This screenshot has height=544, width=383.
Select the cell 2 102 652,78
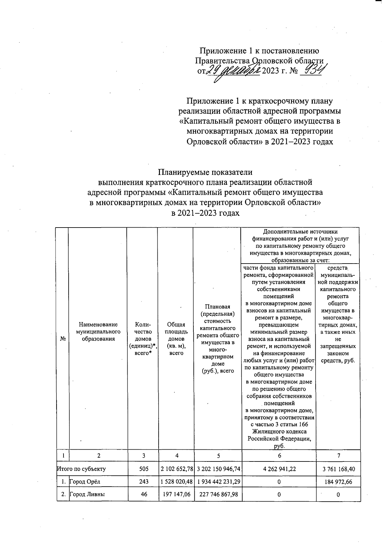coord(176,469)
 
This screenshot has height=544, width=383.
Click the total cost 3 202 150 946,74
coord(218,469)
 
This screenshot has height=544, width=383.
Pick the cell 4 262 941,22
coord(279,469)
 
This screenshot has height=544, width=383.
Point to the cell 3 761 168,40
coord(339,469)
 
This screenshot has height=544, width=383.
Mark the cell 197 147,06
coord(176,494)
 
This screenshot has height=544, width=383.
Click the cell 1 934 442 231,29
coord(218,482)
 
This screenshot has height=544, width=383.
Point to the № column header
coord(63,339)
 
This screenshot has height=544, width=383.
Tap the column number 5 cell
coord(218,456)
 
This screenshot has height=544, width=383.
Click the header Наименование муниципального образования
coord(98,331)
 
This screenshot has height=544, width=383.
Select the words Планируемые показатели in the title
coord(205,172)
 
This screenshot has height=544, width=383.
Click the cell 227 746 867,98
coord(218,494)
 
